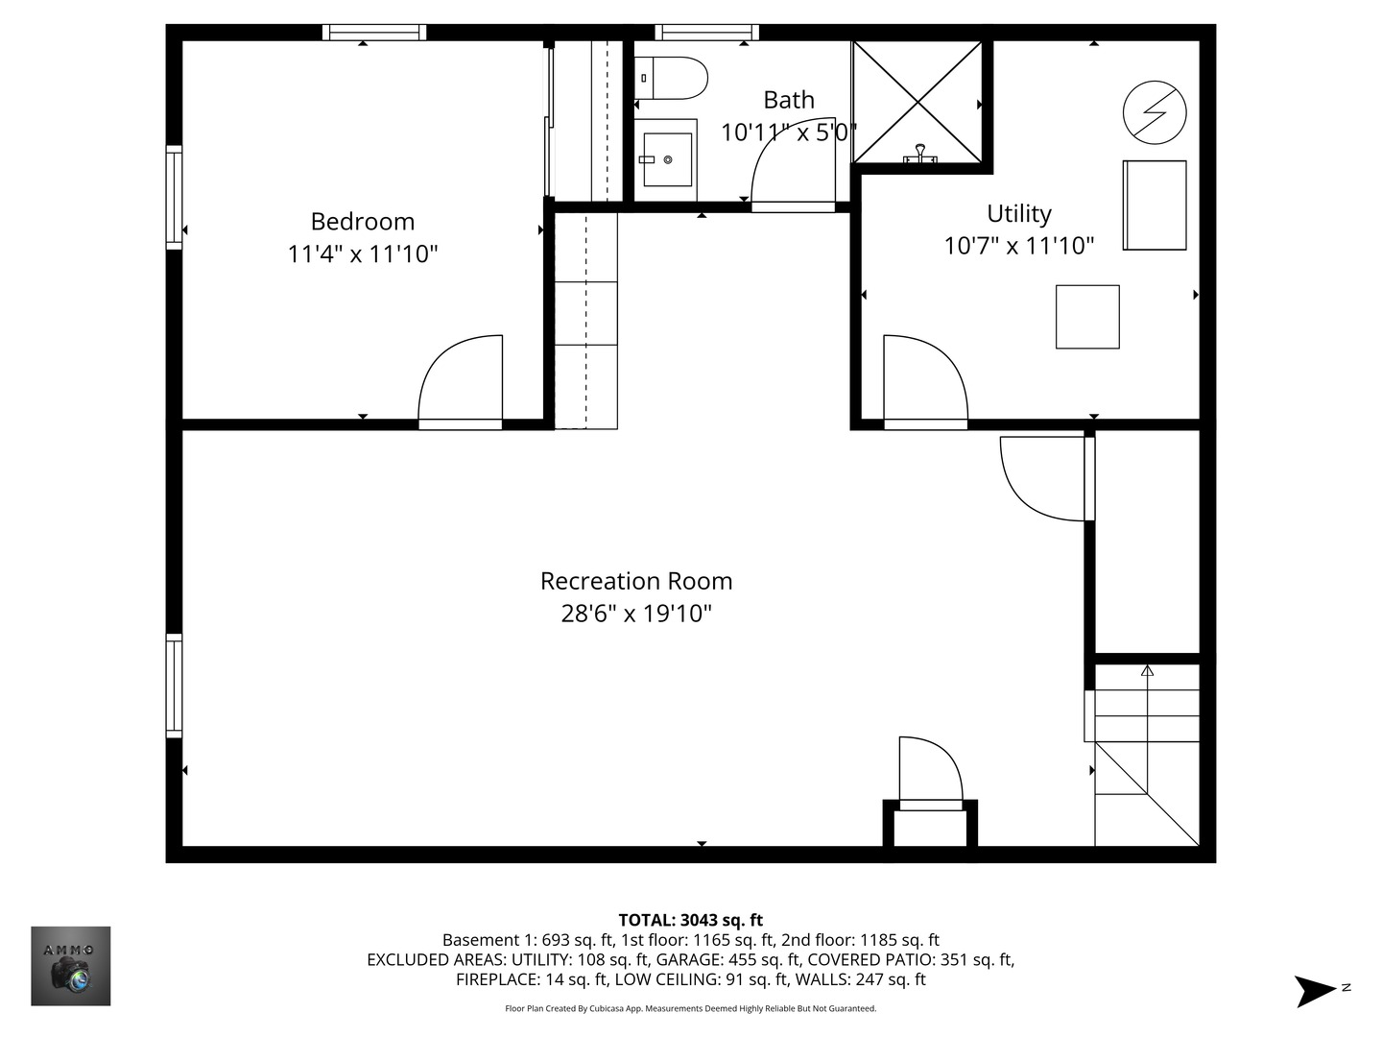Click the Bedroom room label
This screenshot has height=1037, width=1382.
[363, 222]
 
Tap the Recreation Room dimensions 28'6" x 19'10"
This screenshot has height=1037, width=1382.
[636, 614]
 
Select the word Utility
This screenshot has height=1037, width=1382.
[1019, 213]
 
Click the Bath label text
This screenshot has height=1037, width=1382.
[789, 100]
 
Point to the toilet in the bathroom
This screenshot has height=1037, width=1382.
[672, 78]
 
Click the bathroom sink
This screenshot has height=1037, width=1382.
[667, 159]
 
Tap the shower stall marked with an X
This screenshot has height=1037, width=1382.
[917, 102]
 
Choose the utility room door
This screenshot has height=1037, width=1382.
[923, 378]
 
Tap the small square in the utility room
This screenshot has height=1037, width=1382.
[1087, 317]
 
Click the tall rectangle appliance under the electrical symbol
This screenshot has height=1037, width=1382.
[1155, 205]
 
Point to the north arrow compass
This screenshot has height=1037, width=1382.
[1318, 990]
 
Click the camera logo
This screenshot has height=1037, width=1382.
[71, 966]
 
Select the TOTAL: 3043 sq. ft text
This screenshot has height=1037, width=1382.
[690, 920]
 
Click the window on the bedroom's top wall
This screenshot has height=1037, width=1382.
[374, 33]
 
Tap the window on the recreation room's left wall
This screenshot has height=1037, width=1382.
[174, 686]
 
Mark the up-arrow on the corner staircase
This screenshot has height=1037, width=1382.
[1147, 670]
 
